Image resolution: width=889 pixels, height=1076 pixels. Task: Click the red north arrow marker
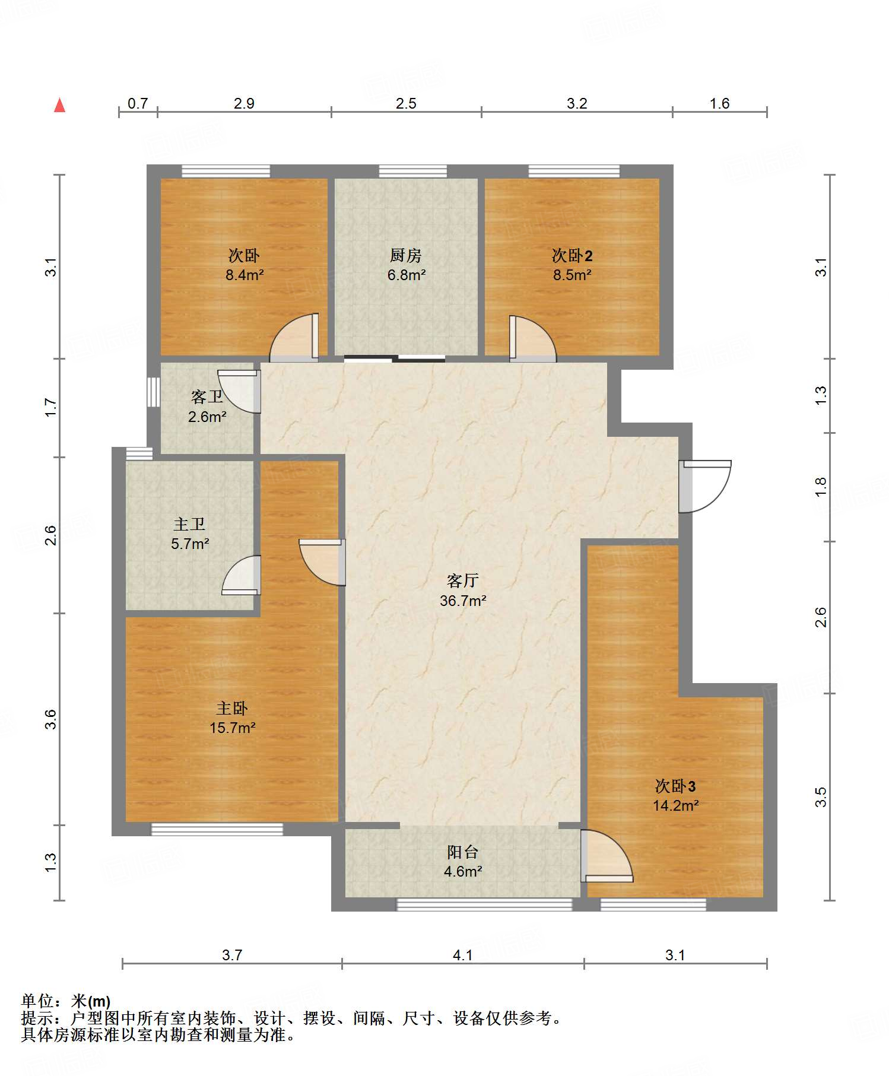point(59,105)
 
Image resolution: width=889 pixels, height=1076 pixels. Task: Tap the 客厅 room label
point(462,580)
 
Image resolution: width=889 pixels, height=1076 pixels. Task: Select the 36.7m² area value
point(463,601)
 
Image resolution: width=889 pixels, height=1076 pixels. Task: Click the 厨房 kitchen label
point(406,256)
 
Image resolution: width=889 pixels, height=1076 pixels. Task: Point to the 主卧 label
point(232,708)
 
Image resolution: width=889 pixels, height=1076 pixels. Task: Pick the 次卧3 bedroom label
point(675,786)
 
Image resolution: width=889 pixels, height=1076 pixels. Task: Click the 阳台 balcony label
point(463,852)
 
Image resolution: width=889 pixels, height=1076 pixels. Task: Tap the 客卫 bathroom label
point(207,396)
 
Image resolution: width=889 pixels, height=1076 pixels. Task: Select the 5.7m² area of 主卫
point(190,544)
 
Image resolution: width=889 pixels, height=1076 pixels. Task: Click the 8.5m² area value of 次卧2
point(572,275)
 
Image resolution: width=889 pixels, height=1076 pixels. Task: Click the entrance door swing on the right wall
point(705,487)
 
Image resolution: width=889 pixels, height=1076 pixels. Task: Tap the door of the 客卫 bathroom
point(239,392)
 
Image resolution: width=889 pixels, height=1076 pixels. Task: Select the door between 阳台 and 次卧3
point(607,856)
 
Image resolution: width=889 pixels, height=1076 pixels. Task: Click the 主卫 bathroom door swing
point(242,575)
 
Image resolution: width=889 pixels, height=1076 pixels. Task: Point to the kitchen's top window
point(413,172)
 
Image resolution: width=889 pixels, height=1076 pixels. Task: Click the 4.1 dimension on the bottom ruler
point(462,955)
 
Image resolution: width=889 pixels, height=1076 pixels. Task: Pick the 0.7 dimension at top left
point(138,103)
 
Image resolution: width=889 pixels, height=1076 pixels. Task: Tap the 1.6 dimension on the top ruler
point(719,103)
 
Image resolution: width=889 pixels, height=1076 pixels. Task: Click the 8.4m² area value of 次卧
point(245,275)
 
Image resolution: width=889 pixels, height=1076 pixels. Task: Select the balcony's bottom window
point(484,904)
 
